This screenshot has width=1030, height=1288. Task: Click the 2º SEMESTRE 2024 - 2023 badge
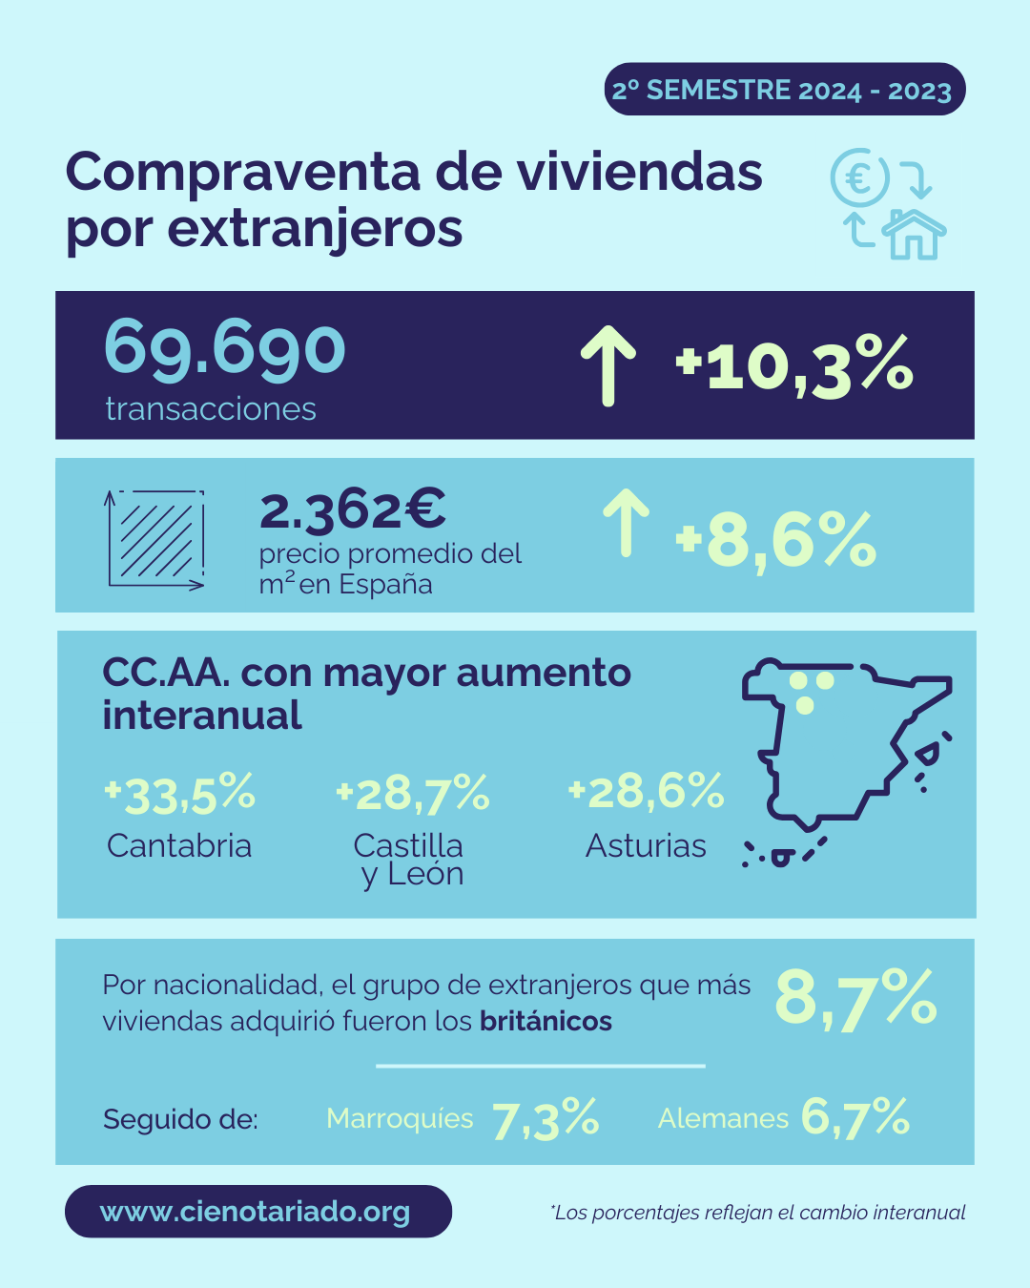click(784, 90)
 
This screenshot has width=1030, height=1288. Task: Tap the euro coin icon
click(858, 177)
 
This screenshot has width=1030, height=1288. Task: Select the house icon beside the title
click(914, 234)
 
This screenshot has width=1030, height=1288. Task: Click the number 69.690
click(224, 348)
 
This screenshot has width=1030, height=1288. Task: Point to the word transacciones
click(211, 408)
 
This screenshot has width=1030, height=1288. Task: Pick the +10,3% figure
click(794, 366)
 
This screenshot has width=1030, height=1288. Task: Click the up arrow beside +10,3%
click(608, 365)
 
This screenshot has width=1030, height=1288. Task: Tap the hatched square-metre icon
click(155, 540)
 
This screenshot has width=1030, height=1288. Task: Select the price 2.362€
click(352, 509)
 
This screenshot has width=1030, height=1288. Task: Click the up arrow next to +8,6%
click(626, 522)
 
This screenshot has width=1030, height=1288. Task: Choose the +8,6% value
click(775, 541)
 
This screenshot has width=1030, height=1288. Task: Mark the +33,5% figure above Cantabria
click(179, 794)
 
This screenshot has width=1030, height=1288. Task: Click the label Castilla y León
click(409, 859)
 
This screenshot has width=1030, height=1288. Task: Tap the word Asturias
click(646, 845)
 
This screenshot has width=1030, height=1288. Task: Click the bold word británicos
click(546, 1021)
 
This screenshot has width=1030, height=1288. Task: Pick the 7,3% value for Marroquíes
click(546, 1118)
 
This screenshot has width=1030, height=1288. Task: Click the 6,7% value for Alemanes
click(855, 1116)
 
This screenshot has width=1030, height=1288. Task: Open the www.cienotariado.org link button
click(257, 1212)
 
